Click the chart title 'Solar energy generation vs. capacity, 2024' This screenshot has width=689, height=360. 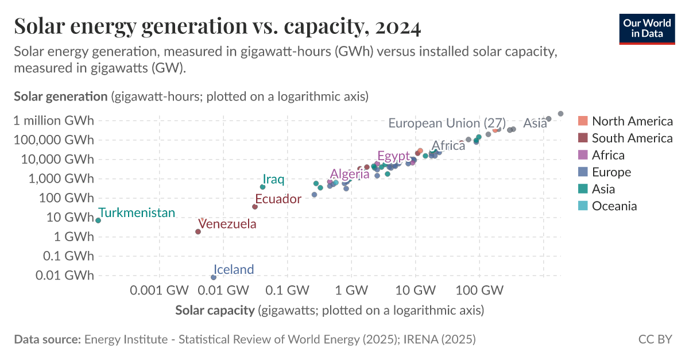217,26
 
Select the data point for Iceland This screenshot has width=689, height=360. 214,277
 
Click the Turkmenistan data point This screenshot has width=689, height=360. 98,220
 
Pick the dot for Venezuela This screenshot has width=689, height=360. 198,232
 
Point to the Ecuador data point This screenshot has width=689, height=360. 255,207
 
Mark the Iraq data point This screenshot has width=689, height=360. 262,187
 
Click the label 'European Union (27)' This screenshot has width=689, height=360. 447,123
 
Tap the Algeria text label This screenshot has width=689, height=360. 350,174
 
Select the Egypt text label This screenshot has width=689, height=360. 393,156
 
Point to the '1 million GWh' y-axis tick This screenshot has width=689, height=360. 54,121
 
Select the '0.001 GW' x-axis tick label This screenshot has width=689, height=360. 159,291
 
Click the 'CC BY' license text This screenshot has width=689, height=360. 655,339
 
